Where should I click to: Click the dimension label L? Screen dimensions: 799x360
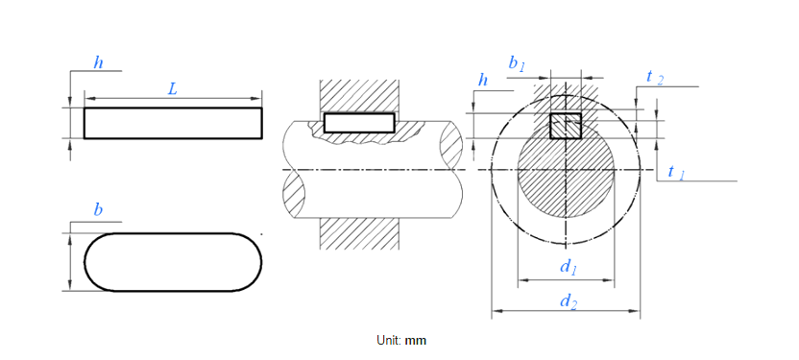coord(173,89)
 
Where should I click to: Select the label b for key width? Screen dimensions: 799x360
coord(98,210)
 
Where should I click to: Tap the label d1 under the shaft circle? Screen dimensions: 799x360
coord(568,267)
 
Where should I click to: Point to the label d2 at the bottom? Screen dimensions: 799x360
coord(569,300)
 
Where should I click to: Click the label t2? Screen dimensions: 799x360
coord(655,77)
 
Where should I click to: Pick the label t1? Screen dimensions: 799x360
coord(676,172)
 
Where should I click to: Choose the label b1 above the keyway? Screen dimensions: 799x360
coord(517,63)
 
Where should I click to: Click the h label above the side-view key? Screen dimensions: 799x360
coord(98,62)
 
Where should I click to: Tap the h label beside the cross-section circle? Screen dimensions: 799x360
coord(483,80)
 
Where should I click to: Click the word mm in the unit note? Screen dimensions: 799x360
coord(415,340)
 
